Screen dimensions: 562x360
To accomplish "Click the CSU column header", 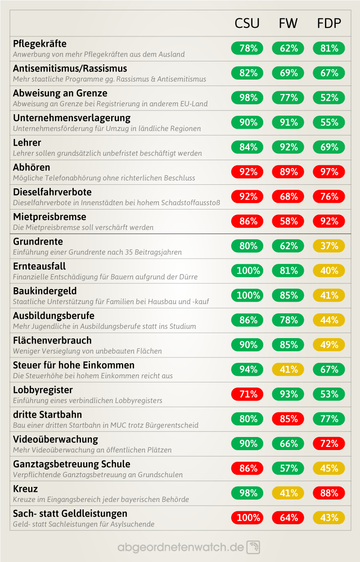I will point(247,23).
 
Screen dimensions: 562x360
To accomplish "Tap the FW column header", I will point(288,23).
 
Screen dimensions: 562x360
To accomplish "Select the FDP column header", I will point(329,23).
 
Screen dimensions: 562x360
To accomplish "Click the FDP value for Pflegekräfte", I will point(329,48).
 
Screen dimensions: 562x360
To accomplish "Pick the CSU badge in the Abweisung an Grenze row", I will point(247,98).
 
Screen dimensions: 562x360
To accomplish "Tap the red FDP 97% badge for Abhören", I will point(329,172).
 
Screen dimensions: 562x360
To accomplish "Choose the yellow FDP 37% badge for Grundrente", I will point(329,246).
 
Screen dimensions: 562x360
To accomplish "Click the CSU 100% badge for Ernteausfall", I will point(247,271).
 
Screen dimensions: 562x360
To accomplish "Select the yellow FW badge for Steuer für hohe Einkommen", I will point(288,370).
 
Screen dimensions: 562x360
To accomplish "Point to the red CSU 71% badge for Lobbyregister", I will point(247,394).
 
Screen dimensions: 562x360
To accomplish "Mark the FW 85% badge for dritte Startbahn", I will point(288,419).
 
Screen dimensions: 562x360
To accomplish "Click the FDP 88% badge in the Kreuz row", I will point(329,493).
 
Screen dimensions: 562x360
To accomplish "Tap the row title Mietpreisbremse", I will point(49,217).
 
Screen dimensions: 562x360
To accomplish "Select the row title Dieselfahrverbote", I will point(52,192).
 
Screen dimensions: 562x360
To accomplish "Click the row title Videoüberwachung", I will point(55,439).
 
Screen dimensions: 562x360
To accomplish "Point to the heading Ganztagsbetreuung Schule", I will point(72,464).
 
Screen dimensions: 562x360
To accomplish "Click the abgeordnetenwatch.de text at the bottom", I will point(180,547).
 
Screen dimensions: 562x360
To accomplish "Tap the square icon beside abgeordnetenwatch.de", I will point(253,547).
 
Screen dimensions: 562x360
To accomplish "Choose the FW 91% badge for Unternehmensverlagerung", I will point(288,122).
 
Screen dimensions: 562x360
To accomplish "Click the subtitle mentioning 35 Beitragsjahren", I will point(97,252).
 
